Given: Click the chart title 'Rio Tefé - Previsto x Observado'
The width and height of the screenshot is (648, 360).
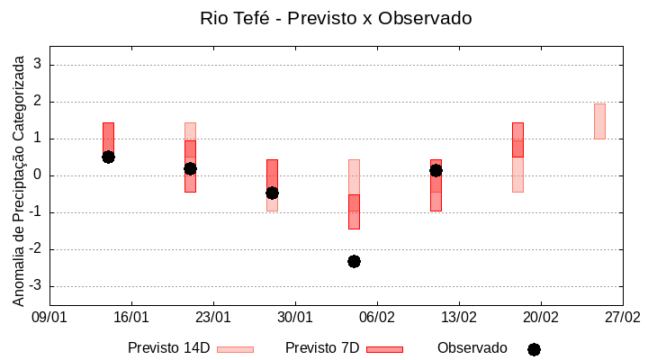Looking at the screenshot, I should click(335, 18).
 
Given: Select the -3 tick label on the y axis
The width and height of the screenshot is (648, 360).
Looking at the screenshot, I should click(36, 286).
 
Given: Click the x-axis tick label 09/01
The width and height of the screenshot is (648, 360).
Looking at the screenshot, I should click(49, 317).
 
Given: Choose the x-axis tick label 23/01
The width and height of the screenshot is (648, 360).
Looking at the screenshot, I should click(213, 317).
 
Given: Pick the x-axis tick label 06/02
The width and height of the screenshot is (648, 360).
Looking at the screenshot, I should click(377, 317).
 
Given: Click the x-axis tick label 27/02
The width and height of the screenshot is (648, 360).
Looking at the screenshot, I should click(622, 317).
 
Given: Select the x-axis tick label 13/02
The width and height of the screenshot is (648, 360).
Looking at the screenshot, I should click(459, 317).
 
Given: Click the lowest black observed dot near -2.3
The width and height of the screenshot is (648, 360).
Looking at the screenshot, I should click(354, 261).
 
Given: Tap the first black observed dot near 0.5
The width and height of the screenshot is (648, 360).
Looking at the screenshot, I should click(108, 157).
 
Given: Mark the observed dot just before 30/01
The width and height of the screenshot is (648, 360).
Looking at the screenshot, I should click(272, 193).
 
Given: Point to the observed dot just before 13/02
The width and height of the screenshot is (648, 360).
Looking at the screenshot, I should click(436, 170).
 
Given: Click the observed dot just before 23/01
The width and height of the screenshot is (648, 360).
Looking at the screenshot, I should click(190, 168).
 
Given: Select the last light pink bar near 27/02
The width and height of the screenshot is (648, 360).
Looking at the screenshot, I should click(599, 121).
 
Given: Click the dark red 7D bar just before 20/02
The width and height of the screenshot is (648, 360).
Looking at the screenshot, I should click(517, 139).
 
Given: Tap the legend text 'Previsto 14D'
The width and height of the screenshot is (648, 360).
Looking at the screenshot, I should click(168, 348).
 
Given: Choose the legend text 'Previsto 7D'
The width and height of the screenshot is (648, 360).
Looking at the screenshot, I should click(322, 348).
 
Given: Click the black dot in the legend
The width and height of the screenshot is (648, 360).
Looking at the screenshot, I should click(534, 349).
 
